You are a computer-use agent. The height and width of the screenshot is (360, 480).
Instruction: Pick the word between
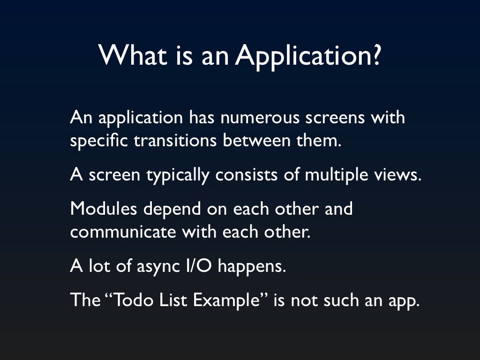coord(254,141)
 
